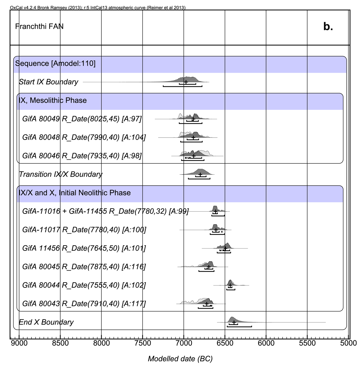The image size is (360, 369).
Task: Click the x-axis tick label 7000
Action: point(184,343)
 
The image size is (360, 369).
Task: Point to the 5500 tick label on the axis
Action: point(307,343)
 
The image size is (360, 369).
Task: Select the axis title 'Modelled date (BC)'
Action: point(180,358)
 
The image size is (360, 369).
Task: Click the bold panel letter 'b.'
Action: point(328,27)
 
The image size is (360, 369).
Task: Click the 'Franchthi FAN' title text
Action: point(39,26)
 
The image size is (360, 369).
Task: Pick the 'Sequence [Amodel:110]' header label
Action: point(55,64)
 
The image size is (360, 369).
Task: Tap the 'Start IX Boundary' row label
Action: point(48,82)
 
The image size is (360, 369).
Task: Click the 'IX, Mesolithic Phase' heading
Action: point(53,100)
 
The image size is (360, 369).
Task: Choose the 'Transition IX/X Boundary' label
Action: point(61,174)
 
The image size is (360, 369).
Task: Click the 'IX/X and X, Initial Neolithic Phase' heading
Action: point(75,193)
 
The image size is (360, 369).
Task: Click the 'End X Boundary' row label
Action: point(46,322)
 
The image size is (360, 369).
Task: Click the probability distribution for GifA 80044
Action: point(230,283)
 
